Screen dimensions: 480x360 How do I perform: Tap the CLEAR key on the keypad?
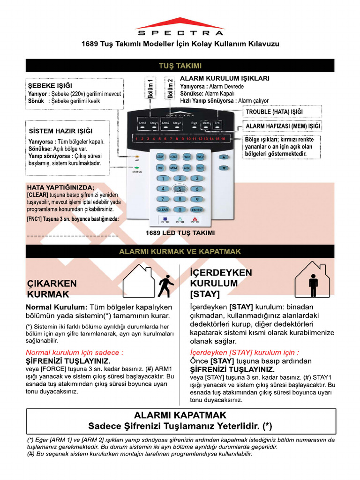click(163, 210)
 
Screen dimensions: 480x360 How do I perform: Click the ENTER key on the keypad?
click(197, 210)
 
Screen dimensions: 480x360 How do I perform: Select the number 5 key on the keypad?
click(180, 189)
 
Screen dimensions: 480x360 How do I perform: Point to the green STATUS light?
click(137, 166)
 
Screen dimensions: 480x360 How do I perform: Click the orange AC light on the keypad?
click(137, 156)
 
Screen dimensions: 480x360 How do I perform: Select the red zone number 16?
click(223, 139)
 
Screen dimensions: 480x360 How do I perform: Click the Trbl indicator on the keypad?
click(217, 123)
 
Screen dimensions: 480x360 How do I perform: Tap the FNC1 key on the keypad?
click(187, 157)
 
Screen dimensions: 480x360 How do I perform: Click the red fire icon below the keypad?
click(194, 219)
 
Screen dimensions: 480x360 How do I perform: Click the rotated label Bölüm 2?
click(170, 89)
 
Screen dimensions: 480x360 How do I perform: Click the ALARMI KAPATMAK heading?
click(180, 415)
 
